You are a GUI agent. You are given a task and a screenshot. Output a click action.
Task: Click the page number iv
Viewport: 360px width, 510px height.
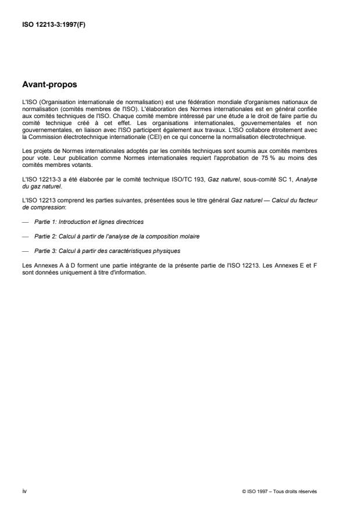(24, 491)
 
